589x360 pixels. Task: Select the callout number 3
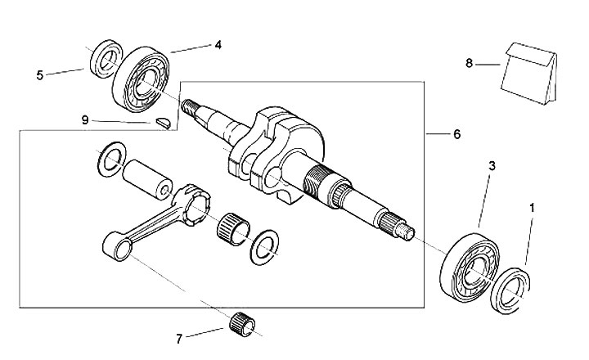point(492,166)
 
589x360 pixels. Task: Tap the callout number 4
point(218,45)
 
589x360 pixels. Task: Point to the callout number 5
point(39,75)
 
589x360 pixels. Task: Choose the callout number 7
point(180,337)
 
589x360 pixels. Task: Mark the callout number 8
point(469,62)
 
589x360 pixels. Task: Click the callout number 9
point(84,119)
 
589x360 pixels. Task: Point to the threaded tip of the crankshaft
point(190,107)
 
